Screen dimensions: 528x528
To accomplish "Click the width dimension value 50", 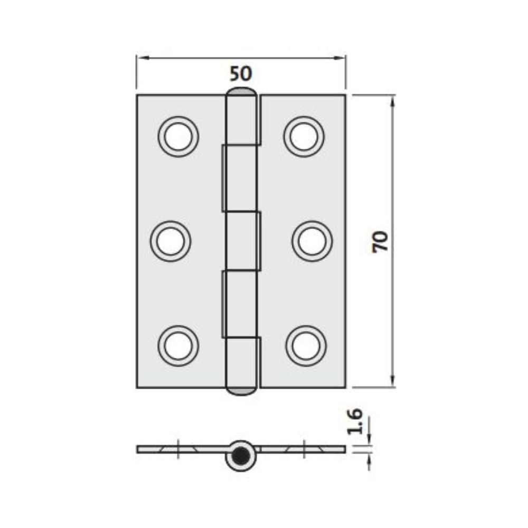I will tap(241, 73).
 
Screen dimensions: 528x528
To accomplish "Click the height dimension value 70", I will tap(380, 241).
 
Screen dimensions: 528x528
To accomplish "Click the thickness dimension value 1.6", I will tap(355, 421).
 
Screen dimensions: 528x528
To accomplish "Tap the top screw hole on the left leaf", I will tap(178, 136).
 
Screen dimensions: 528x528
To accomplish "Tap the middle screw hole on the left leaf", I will tap(171, 241).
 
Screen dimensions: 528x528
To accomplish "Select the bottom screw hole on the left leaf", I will tap(178, 346).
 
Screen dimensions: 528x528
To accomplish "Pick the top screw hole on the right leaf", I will tap(304, 136).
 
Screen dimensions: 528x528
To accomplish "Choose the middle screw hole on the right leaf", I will tap(312, 241).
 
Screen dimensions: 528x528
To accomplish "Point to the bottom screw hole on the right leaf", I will tap(306, 346).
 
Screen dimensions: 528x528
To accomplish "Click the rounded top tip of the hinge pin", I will tap(242, 93).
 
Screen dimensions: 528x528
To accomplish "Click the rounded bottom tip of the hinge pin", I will tap(242, 391).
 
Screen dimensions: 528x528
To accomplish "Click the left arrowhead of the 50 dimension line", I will tap(140, 58).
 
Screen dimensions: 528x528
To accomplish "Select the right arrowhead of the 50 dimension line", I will tap(342, 58).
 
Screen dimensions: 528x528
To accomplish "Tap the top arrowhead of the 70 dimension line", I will tap(392, 100).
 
